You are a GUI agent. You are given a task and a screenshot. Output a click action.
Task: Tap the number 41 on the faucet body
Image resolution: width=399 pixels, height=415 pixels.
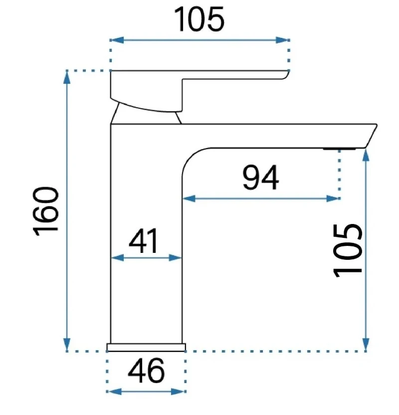143,241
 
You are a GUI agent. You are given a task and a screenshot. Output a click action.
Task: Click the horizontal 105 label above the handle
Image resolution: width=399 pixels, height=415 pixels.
199,20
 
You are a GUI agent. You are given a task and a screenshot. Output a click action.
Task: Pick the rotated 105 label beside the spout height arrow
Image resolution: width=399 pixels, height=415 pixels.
348,249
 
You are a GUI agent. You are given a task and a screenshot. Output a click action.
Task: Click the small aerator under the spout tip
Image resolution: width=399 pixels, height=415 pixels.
339,149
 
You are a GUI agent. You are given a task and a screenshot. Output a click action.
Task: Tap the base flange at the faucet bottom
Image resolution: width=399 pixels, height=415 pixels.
146,347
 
